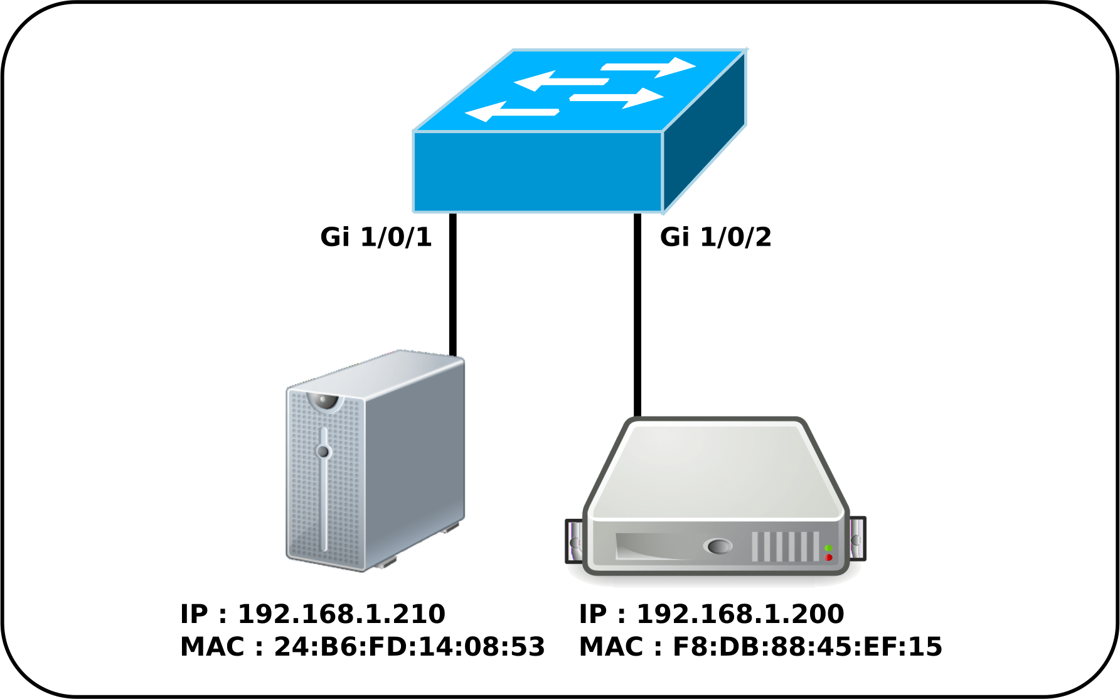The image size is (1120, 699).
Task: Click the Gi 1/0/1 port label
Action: point(376,237)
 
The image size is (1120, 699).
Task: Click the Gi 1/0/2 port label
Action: point(715,237)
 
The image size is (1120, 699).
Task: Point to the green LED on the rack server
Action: point(828,548)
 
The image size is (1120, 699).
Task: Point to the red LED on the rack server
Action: point(829,558)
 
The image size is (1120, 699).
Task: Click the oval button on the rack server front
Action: point(719,546)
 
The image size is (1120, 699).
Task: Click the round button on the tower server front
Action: point(323,452)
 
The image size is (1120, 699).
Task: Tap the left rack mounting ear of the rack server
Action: point(573,541)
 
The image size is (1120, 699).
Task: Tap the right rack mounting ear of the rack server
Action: point(857,539)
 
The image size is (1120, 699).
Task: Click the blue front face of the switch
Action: point(537,171)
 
